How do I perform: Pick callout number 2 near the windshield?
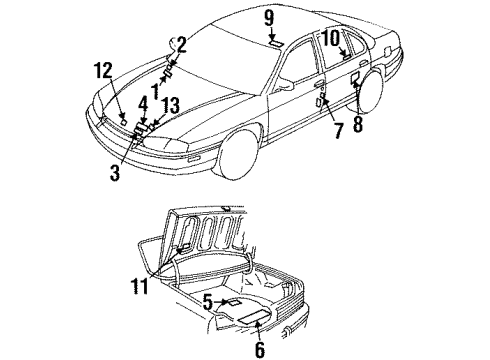coord(181,43)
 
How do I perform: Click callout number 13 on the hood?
coord(171,105)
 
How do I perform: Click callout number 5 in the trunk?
coord(207,299)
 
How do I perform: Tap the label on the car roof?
coord(272,44)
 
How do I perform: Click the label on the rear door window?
coord(344,57)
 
